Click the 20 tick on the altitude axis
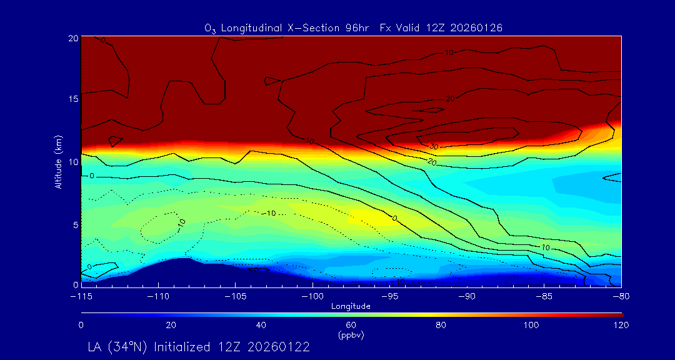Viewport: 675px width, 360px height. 72,38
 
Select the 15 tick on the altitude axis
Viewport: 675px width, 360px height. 72,99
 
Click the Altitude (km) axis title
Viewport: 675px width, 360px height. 59,162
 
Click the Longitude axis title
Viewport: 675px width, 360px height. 351,306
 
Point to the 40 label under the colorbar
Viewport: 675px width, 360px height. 261,325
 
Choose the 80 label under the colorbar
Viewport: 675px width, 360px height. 442,325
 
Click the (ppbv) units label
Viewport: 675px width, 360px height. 351,335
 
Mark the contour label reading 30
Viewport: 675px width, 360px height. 434,146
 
